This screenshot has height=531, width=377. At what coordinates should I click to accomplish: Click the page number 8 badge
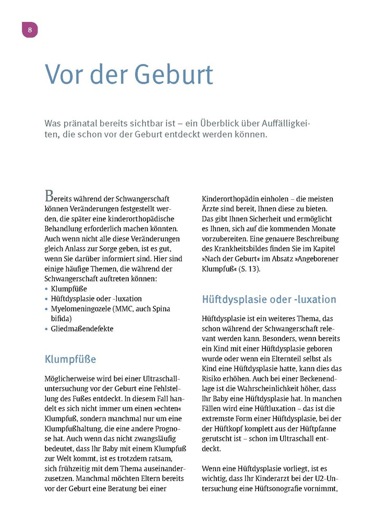(x=30, y=30)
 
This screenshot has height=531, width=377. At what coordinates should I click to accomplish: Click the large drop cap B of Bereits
(x=50, y=197)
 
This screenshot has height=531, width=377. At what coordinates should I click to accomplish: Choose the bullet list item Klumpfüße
(x=69, y=288)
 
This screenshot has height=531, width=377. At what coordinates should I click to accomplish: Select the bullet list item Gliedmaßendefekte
(x=82, y=328)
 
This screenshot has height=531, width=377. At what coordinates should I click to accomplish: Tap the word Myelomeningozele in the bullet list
(x=82, y=309)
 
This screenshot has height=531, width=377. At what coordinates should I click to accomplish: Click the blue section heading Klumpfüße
(x=70, y=359)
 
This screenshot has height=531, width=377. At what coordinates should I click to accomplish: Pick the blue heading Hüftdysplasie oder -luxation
(x=269, y=300)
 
